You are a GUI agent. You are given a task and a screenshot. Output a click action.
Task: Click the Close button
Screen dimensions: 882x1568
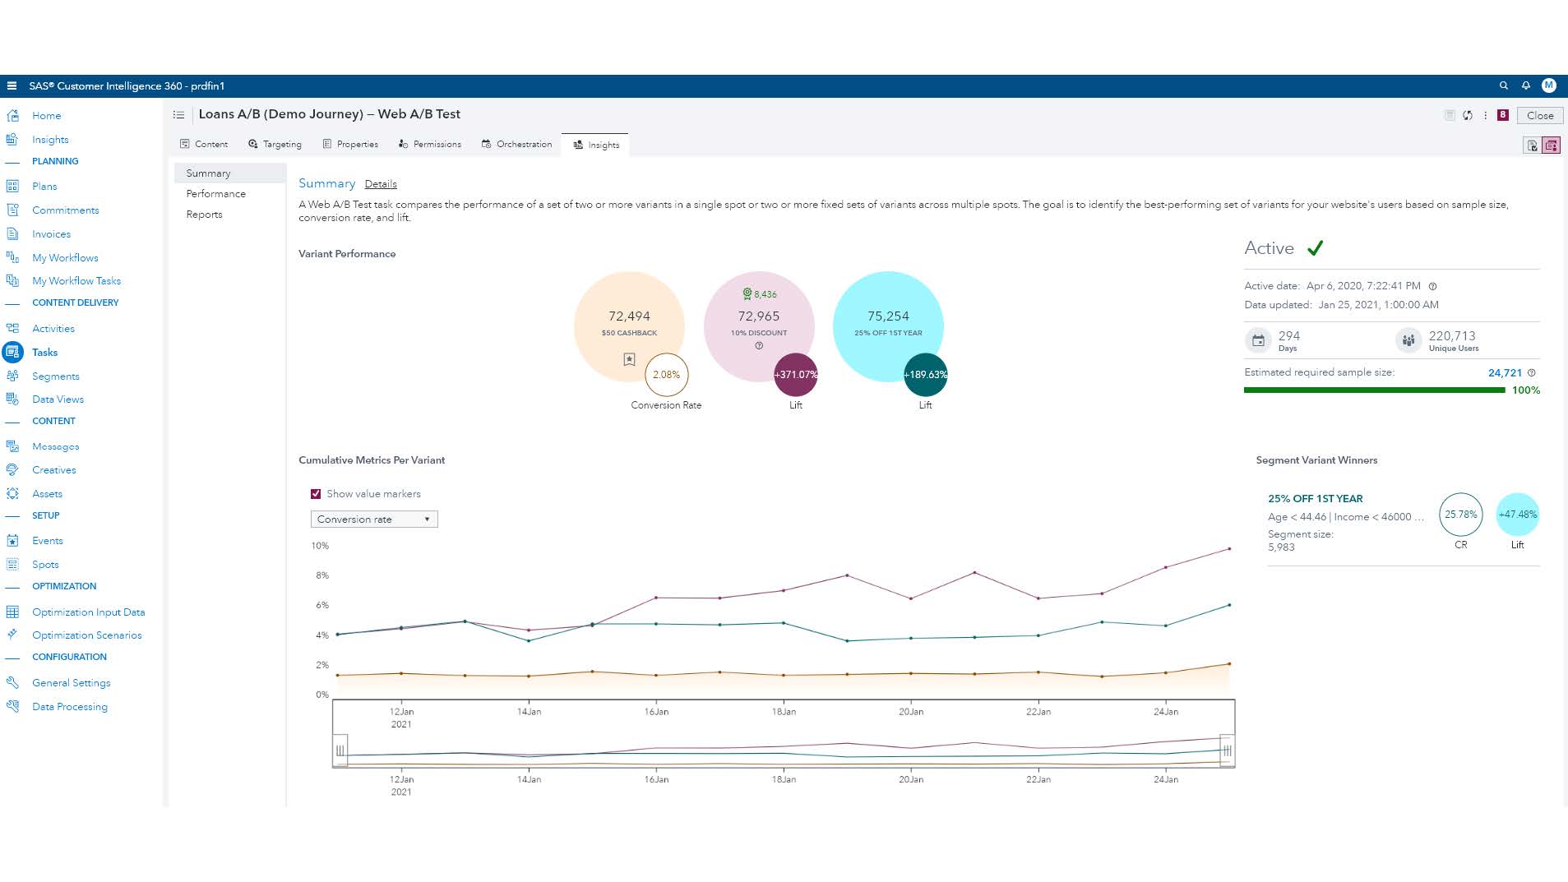pos(1539,116)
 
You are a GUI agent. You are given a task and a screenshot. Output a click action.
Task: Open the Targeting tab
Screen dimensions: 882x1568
pos(275,145)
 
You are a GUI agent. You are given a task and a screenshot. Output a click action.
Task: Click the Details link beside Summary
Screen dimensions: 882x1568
pos(381,184)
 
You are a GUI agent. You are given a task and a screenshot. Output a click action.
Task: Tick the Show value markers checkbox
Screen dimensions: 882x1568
pos(316,494)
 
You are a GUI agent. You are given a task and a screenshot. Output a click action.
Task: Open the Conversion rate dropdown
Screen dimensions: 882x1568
pos(374,520)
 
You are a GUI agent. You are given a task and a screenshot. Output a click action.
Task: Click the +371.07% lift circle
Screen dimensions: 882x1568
pos(795,375)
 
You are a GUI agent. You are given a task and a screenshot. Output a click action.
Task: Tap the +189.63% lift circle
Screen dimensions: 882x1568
pos(925,375)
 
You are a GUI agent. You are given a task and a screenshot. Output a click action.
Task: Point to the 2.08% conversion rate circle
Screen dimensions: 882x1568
pos(666,375)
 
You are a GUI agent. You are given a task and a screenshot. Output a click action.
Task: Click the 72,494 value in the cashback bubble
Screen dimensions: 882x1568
pos(629,316)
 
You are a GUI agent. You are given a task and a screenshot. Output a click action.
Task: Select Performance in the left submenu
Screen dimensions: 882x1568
pos(215,194)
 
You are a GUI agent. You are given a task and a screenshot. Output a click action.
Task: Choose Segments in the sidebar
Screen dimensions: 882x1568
pos(55,376)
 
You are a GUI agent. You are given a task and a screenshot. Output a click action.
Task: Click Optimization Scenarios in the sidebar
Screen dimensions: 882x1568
pos(86,635)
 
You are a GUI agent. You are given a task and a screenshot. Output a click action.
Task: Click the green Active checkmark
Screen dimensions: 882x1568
pos(1315,248)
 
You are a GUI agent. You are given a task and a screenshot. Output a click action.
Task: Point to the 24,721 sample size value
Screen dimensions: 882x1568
pos(1505,373)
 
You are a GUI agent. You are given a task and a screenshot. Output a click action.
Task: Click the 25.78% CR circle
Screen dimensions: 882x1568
pos(1460,515)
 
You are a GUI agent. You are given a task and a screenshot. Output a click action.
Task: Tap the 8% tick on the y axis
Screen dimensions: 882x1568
pos(322,575)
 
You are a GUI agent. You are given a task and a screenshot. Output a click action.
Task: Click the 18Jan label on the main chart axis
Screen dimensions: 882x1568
pos(784,712)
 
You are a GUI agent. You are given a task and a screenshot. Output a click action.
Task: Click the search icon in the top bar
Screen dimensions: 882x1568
pos(1504,85)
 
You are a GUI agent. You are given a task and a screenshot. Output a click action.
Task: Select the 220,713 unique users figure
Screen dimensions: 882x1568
pos(1452,336)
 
